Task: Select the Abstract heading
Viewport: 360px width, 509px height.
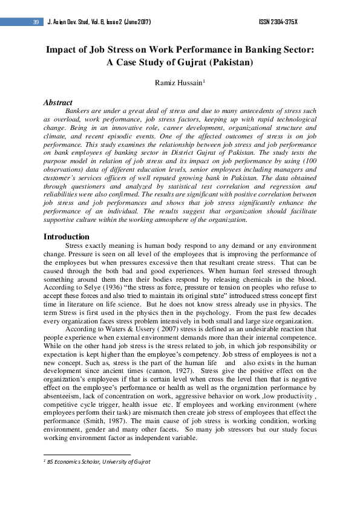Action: tap(57, 103)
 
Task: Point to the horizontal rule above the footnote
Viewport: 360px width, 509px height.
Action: tap(87, 455)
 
